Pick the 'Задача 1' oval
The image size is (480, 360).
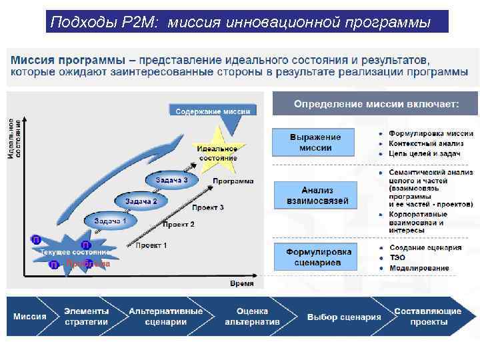click(110, 221)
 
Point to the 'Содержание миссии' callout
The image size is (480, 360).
click(213, 111)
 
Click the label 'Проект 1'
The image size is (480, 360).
click(151, 245)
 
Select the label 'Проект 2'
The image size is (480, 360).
click(179, 225)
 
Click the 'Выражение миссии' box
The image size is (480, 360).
click(315, 142)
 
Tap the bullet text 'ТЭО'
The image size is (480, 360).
click(397, 257)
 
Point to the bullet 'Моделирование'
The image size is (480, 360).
click(419, 268)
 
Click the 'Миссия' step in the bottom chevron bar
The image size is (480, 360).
click(31, 316)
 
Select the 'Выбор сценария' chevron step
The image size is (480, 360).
click(344, 317)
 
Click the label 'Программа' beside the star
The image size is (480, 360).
click(233, 181)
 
